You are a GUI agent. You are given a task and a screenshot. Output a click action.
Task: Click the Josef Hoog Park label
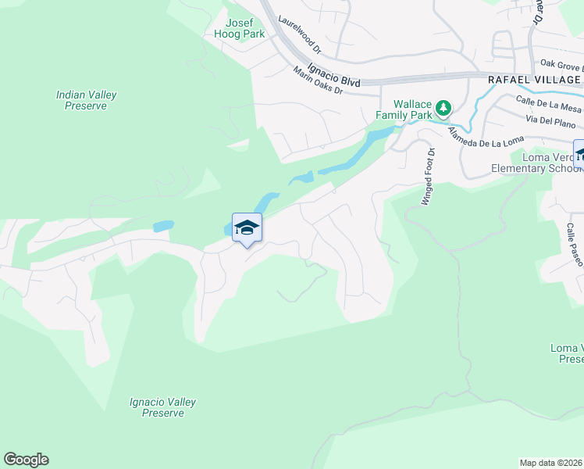[x=240, y=28]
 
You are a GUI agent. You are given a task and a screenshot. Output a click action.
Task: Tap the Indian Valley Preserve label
[x=87, y=100]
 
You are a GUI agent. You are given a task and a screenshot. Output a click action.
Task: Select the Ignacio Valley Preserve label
[x=162, y=407]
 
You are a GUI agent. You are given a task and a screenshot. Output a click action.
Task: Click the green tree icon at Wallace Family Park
[x=443, y=106]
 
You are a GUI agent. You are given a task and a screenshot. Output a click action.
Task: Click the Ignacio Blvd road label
[x=333, y=74]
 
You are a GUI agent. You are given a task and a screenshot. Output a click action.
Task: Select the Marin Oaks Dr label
[x=319, y=81]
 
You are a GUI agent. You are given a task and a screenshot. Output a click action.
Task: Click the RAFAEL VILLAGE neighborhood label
[x=534, y=80]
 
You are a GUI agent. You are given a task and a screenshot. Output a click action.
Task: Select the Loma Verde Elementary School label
[x=535, y=163]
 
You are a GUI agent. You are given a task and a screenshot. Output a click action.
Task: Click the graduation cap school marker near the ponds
[x=247, y=227]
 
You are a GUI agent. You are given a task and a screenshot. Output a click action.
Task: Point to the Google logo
[x=26, y=460]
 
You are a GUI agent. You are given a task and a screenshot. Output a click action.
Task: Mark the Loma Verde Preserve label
[x=567, y=353]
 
